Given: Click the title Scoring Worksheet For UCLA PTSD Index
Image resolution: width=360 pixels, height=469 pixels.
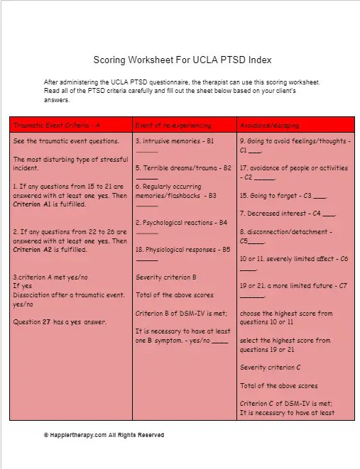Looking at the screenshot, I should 182,60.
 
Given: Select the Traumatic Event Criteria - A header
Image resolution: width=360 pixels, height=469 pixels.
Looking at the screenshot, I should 57,125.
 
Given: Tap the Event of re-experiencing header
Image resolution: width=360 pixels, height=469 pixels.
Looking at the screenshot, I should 173,125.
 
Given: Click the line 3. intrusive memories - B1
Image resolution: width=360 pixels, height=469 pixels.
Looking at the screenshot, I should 175,141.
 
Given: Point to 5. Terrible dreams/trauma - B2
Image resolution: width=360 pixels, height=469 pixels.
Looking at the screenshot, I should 183,168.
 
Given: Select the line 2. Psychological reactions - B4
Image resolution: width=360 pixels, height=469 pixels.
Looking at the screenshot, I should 181,222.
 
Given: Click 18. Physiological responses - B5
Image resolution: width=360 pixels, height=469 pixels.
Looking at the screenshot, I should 182,249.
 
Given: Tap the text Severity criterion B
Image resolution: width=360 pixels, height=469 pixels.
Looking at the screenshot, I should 165,277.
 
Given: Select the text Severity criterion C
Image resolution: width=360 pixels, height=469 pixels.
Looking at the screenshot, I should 271,368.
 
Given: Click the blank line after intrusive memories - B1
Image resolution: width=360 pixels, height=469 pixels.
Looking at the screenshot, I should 146,150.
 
